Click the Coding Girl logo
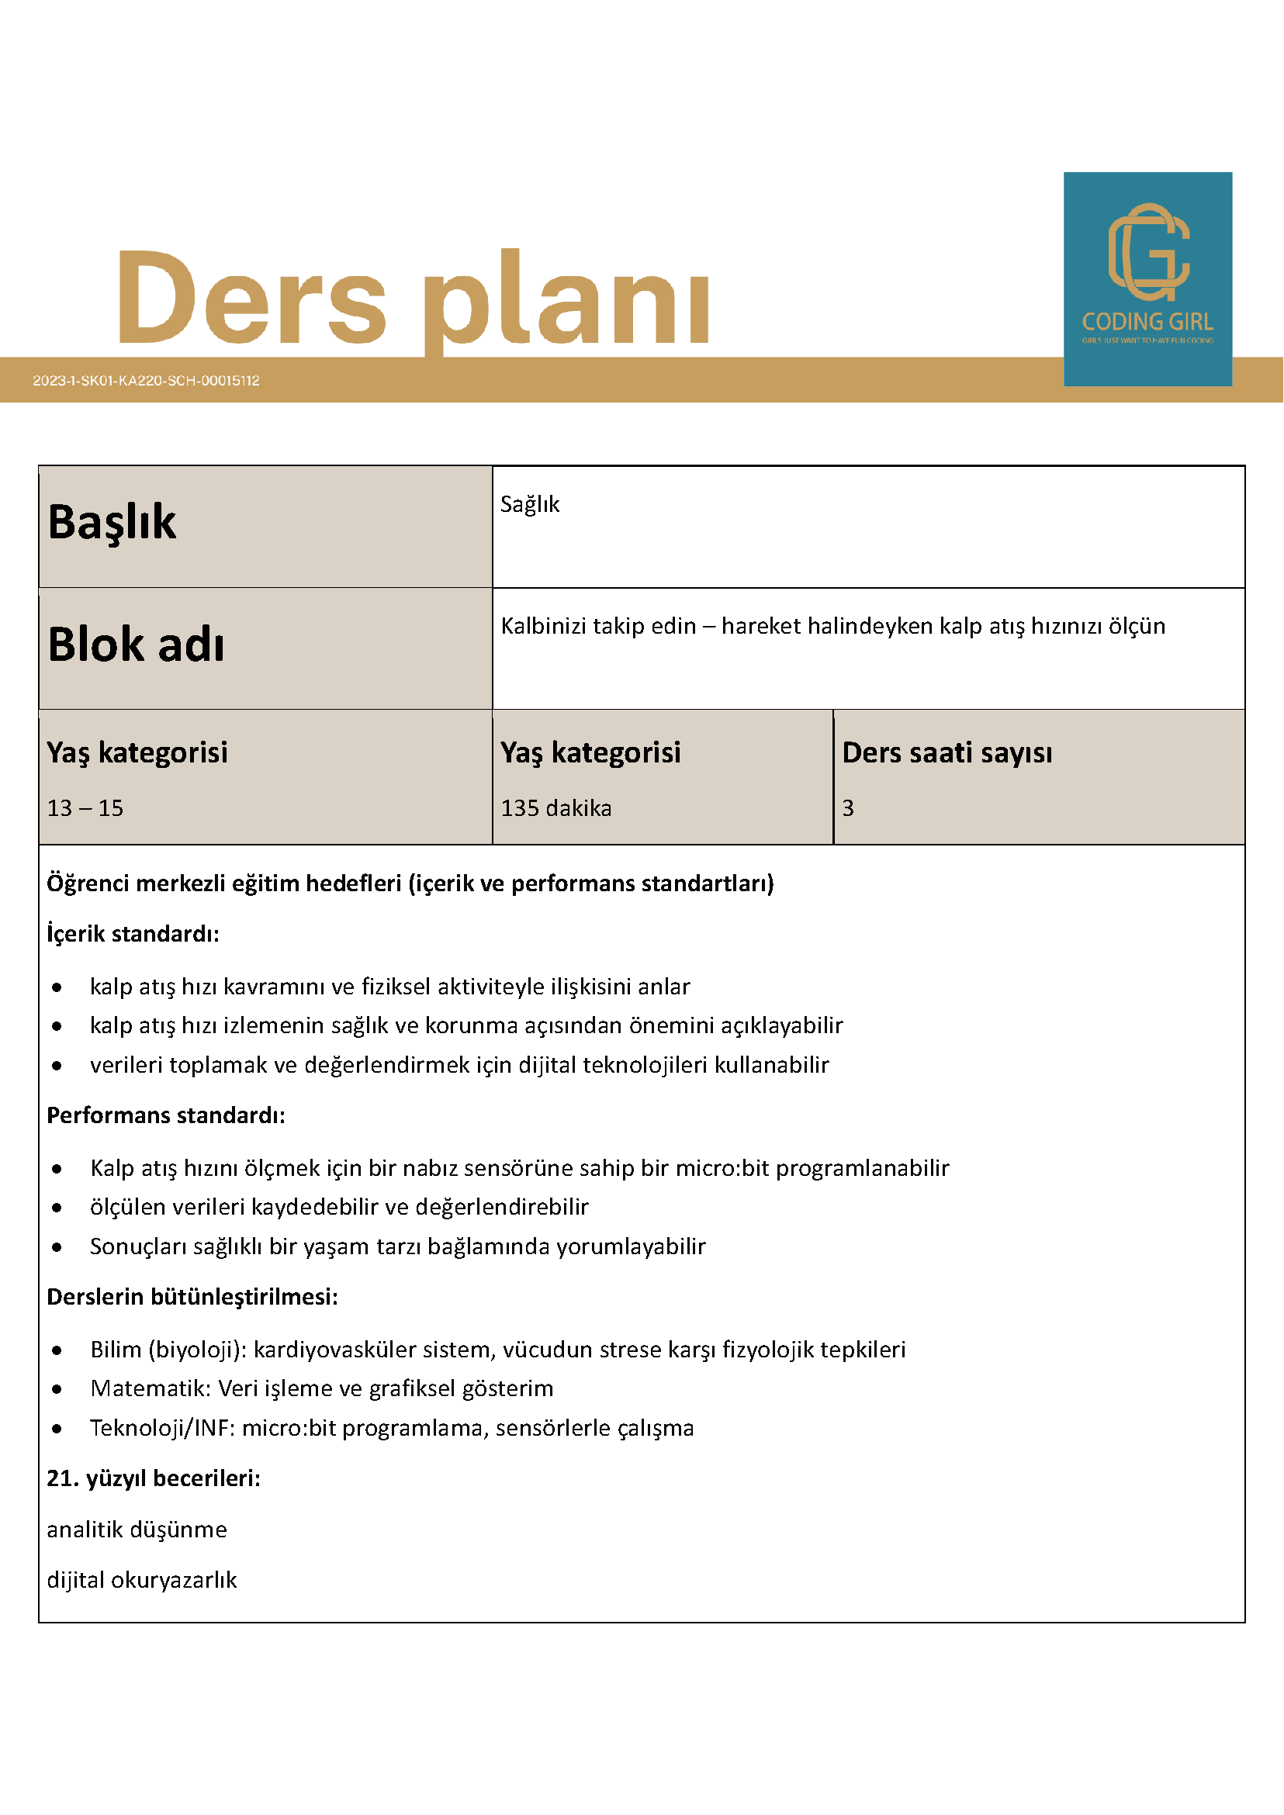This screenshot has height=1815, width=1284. click(1147, 278)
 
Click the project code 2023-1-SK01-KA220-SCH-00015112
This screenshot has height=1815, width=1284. click(147, 380)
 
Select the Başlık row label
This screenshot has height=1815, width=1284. click(112, 523)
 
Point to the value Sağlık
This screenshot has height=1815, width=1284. click(530, 504)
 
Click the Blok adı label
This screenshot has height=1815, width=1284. click(136, 645)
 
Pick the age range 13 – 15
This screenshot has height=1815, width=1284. click(85, 808)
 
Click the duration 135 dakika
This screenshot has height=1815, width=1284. click(555, 808)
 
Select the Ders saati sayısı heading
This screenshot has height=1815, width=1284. click(947, 752)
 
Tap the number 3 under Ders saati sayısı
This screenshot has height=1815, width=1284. click(847, 808)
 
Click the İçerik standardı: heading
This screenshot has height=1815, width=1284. click(133, 934)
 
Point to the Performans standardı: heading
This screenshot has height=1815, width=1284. click(166, 1115)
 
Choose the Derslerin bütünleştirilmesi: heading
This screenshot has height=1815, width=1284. click(192, 1297)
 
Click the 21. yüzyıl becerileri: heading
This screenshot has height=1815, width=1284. click(154, 1478)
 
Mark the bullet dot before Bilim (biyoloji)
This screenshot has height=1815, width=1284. click(57, 1350)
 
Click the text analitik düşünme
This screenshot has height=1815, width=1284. click(137, 1530)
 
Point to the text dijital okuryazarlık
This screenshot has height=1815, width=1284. click(141, 1580)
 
